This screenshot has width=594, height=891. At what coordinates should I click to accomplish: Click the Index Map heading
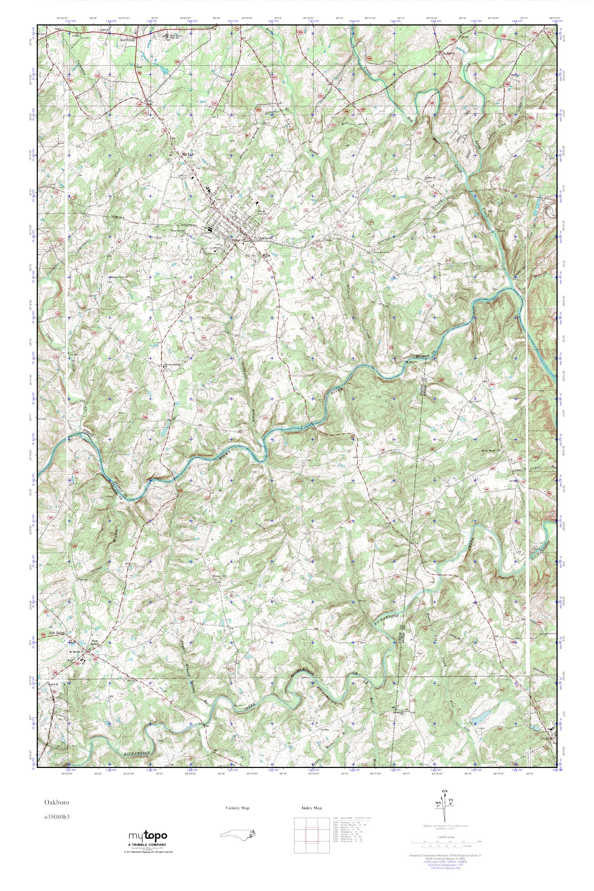point(312,808)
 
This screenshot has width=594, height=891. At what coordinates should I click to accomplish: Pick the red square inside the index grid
point(311,829)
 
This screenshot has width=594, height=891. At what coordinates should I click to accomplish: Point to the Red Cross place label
point(128,40)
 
